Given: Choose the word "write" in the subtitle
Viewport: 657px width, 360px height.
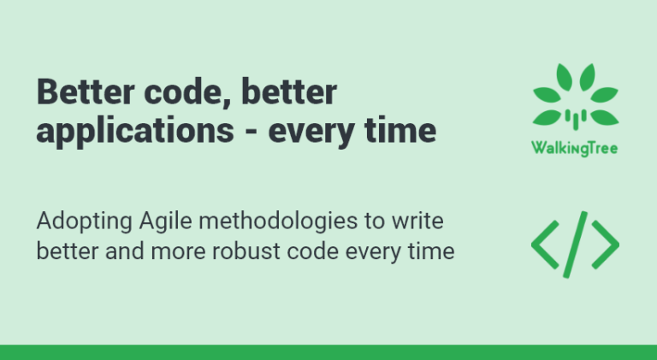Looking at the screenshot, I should [417, 221].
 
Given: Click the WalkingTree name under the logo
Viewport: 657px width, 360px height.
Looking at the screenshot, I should [575, 148].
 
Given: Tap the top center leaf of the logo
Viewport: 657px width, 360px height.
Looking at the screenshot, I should [575, 79].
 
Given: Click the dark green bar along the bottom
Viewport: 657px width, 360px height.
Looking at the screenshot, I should [328, 351].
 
